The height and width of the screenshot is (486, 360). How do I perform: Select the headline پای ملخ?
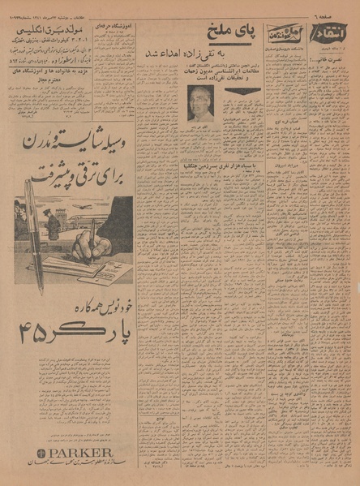click(234, 33)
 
